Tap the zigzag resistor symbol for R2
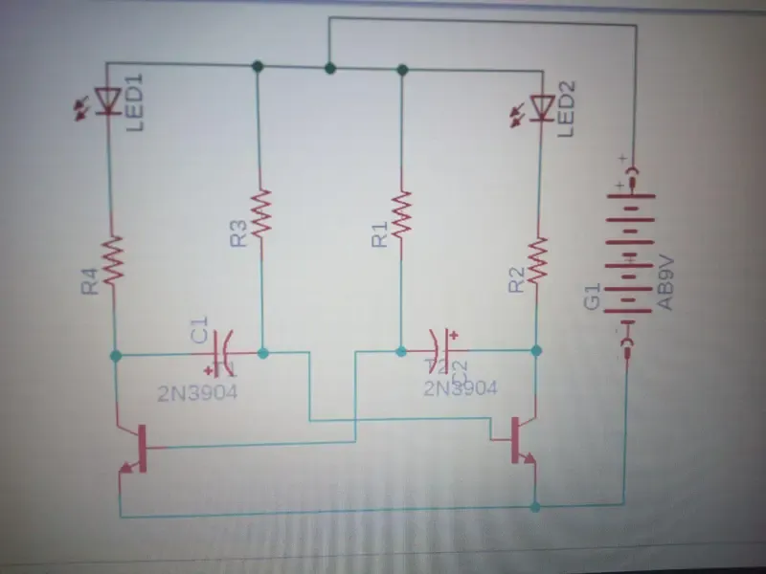[x=538, y=261]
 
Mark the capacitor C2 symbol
[x=439, y=350]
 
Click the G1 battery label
[x=592, y=296]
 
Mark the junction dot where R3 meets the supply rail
[x=257, y=67]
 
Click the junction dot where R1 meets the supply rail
[x=402, y=69]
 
